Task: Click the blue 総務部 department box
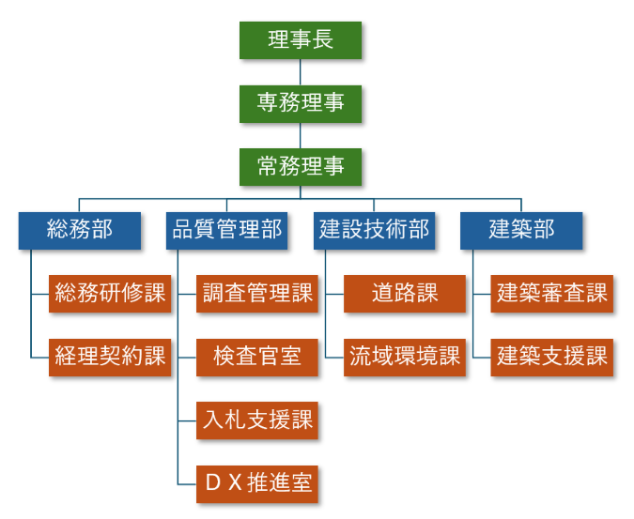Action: point(80,230)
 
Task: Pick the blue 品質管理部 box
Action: point(226,230)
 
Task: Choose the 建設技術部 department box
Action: point(374,230)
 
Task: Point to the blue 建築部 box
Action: point(521,230)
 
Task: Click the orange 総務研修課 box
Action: point(110,293)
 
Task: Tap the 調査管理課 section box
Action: point(257,293)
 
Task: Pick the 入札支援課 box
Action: point(257,420)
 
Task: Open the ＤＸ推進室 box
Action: point(257,483)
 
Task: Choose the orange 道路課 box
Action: point(405,293)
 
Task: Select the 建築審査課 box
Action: point(551,293)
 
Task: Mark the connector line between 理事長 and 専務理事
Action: point(301,71)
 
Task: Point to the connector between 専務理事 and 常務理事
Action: point(301,134)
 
